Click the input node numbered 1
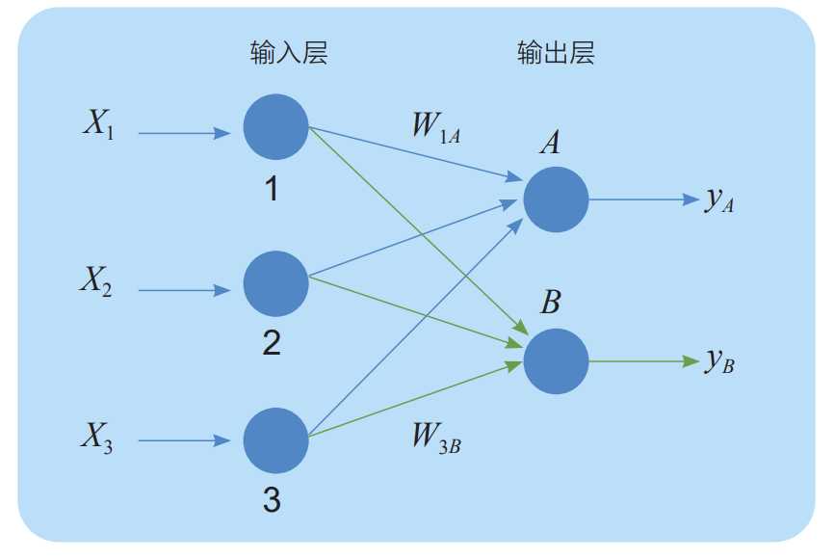point(275,127)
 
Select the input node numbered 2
point(275,283)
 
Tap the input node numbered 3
point(275,440)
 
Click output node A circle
point(556,199)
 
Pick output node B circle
point(556,361)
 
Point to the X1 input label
point(98,125)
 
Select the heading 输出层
point(556,53)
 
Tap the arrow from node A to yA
point(642,199)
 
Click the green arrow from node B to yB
point(642,361)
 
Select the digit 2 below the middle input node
point(272,342)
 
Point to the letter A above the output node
point(550,145)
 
